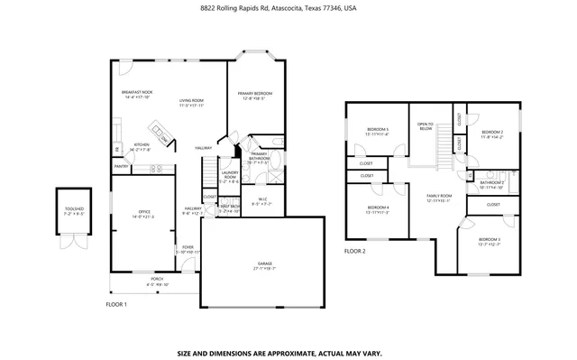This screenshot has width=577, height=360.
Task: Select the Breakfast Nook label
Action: (136, 92)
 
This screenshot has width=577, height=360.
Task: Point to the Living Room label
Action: (191, 101)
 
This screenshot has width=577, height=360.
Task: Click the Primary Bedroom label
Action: (255, 94)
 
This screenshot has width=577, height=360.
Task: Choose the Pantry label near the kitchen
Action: (121, 166)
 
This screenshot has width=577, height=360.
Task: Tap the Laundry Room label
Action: (229, 174)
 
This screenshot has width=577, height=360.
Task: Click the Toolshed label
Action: (74, 210)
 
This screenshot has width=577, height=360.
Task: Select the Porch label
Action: (133, 281)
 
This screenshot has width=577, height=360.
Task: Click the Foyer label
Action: (188, 246)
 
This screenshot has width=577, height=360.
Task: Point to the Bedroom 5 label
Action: (378, 130)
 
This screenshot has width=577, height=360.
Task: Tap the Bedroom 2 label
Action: (491, 133)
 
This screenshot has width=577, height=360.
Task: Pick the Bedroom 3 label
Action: (489, 239)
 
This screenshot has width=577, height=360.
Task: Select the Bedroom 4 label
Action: (377, 208)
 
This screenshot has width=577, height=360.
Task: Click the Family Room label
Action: (438, 196)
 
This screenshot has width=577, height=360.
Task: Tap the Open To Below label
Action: (426, 125)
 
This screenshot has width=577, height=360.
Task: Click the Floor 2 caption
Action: (355, 251)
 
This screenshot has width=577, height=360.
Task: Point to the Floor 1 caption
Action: (116, 304)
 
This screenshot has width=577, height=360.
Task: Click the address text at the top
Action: (288, 8)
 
